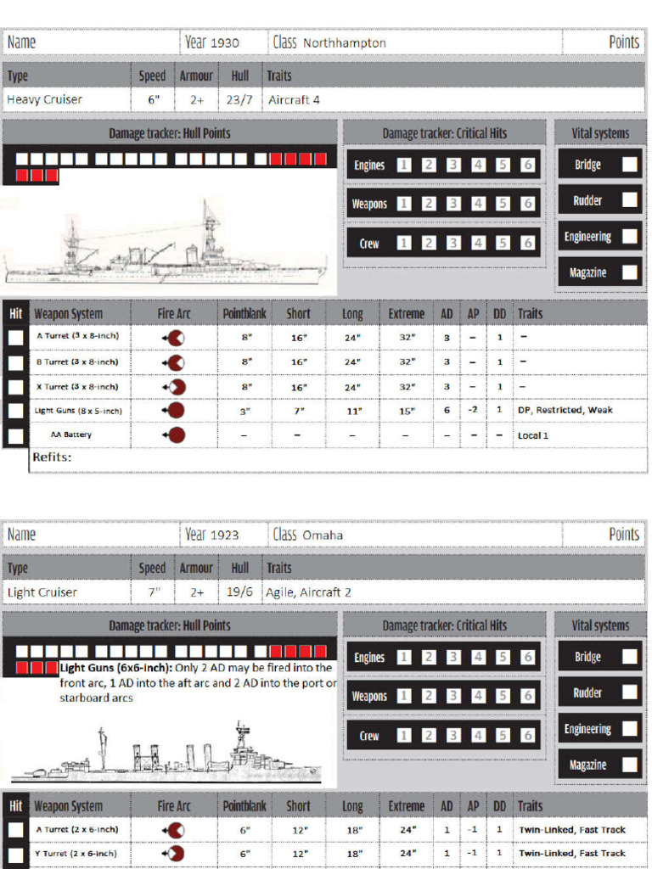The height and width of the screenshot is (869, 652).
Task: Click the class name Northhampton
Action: point(344,42)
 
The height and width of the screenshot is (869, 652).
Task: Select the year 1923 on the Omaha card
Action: point(225,535)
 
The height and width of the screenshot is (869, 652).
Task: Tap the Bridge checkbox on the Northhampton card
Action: point(629,165)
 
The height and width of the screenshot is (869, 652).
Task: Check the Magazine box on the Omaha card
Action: point(629,765)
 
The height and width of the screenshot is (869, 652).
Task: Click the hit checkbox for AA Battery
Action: point(15,435)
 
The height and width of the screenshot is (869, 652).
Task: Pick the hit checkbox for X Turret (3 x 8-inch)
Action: point(15,386)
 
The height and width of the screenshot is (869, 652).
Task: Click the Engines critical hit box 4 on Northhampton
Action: point(479,165)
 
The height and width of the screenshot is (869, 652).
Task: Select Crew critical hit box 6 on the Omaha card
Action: point(527,735)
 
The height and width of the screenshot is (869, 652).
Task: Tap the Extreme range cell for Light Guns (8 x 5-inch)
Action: point(407,411)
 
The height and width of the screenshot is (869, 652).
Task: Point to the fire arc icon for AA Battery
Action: point(175,435)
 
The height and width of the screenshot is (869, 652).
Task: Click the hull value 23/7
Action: point(240,100)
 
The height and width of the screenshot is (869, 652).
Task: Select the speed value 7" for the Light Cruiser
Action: point(152,592)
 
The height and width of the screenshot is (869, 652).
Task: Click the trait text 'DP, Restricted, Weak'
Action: point(565,411)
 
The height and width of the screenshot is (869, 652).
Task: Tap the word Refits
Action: point(52,458)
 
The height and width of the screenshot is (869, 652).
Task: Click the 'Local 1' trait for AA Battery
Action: point(533,435)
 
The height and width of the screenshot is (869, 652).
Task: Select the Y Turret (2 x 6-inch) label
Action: point(76,853)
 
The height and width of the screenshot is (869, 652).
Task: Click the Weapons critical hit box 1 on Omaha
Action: point(405,696)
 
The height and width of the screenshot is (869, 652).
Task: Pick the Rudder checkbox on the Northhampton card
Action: point(629,200)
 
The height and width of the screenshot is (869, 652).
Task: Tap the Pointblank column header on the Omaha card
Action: point(244,805)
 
